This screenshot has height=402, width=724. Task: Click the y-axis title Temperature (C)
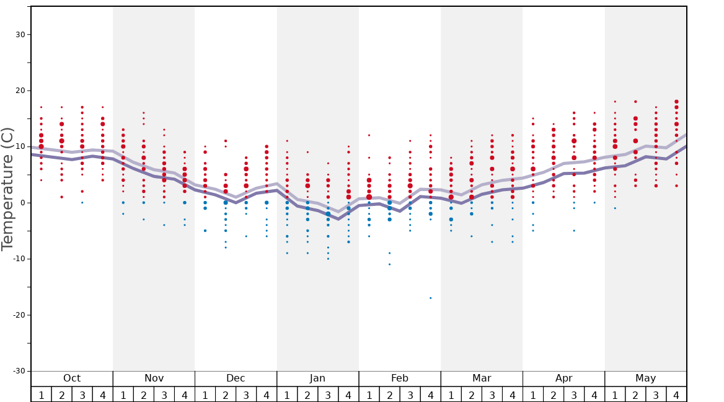coord(7,189)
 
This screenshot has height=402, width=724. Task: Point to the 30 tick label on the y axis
coord(19,35)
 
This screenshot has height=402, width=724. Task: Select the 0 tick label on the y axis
coord(22,203)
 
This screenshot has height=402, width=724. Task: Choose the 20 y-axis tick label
coord(19,91)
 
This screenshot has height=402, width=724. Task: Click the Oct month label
coord(72,378)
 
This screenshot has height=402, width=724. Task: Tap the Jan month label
coord(317,378)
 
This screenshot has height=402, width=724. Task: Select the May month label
coord(645,378)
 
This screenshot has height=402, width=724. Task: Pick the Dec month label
coord(236,378)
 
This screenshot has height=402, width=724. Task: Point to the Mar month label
coord(482,378)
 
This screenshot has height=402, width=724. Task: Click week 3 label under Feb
coord(410,395)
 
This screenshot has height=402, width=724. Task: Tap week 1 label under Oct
coord(41,395)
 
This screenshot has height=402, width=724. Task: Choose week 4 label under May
coord(676,395)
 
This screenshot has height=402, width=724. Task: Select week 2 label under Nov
coord(143,395)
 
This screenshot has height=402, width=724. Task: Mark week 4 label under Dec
coord(267,395)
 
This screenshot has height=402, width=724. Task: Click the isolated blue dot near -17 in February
coord(430,298)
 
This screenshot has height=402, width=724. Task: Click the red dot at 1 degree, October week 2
coord(61,197)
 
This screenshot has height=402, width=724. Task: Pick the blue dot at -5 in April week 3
coord(574,231)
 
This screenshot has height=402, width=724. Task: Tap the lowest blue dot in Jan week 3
coord(328,259)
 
